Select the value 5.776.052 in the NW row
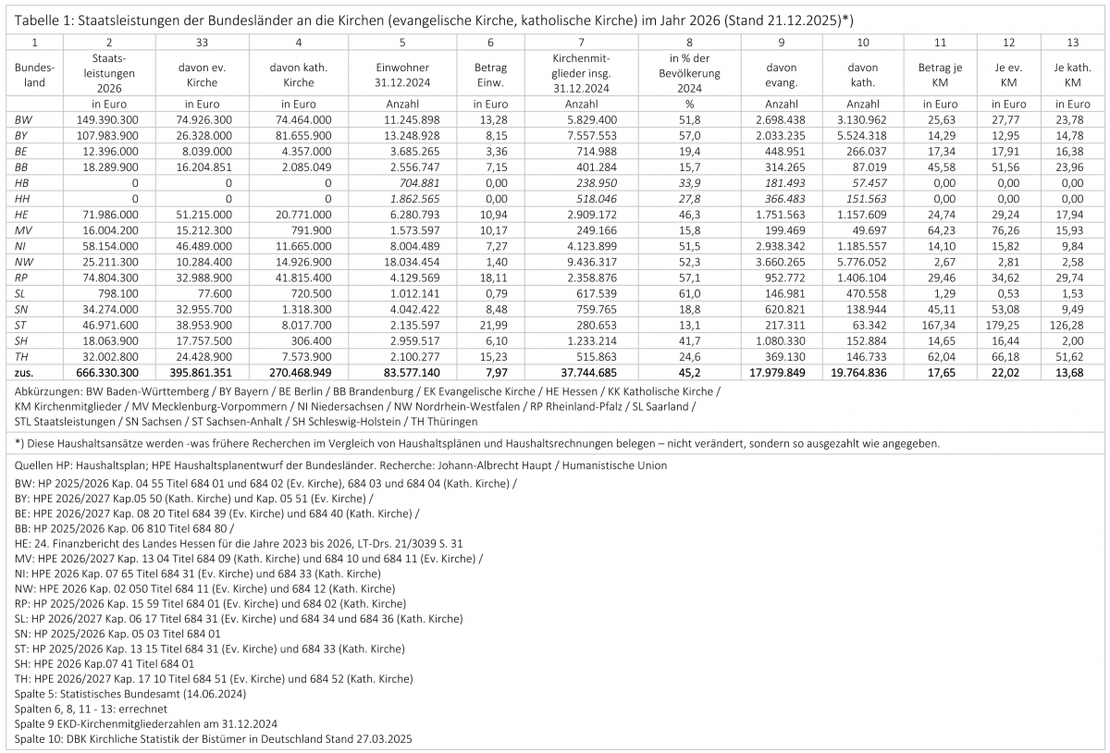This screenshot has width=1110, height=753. pos(863,260)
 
